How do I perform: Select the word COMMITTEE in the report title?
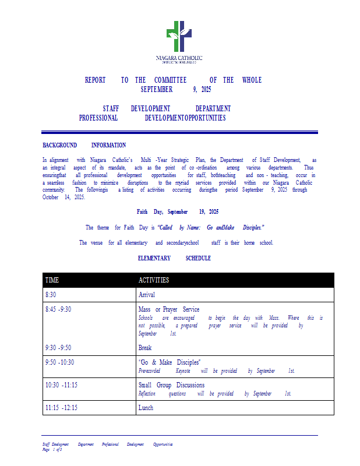click(x=170, y=80)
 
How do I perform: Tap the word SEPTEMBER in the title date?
click(x=157, y=90)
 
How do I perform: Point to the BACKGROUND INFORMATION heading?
click(x=84, y=145)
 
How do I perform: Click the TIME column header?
click(x=52, y=280)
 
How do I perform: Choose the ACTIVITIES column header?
click(x=154, y=280)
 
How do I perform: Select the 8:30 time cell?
click(x=51, y=295)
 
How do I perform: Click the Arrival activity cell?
click(x=146, y=295)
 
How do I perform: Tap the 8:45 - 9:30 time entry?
click(x=58, y=309)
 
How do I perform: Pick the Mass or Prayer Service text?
click(x=168, y=309)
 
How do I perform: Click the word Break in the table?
click(x=145, y=348)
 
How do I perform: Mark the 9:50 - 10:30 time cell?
click(x=59, y=362)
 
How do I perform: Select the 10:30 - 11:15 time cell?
click(x=61, y=385)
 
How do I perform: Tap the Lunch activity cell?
click(x=146, y=408)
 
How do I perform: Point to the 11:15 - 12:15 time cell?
click(x=61, y=408)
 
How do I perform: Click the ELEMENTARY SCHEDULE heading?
click(x=174, y=258)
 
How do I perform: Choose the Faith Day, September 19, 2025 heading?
click(x=178, y=212)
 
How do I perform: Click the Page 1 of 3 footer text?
click(x=52, y=450)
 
